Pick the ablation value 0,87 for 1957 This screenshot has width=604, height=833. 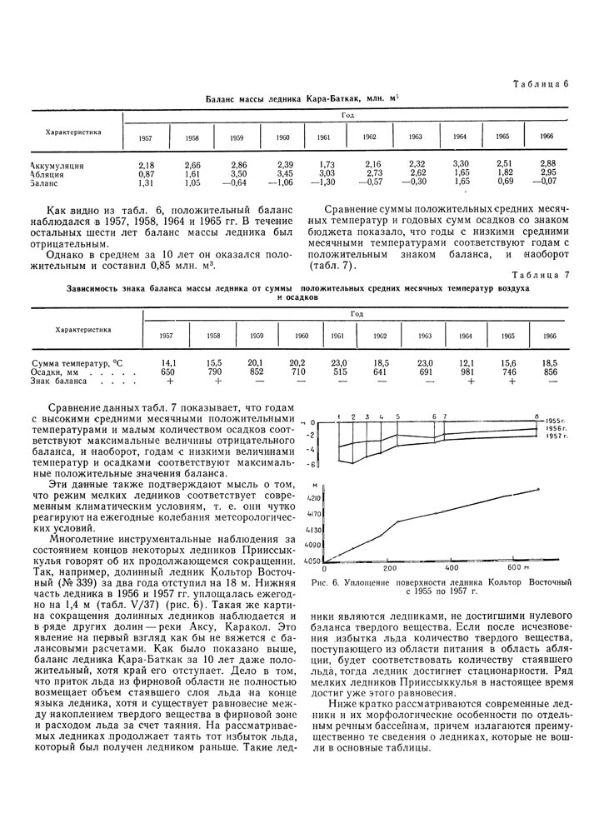click(147, 173)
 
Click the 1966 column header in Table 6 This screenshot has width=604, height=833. click(547, 136)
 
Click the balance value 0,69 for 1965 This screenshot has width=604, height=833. click(505, 182)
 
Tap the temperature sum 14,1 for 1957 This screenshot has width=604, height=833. click(167, 364)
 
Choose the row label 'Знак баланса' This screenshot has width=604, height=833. click(58, 382)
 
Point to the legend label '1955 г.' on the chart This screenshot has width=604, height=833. click(557, 421)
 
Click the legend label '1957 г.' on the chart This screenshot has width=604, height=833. click(557, 436)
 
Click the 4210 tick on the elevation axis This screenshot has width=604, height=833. click(314, 497)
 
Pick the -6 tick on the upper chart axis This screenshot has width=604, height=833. click(311, 463)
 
